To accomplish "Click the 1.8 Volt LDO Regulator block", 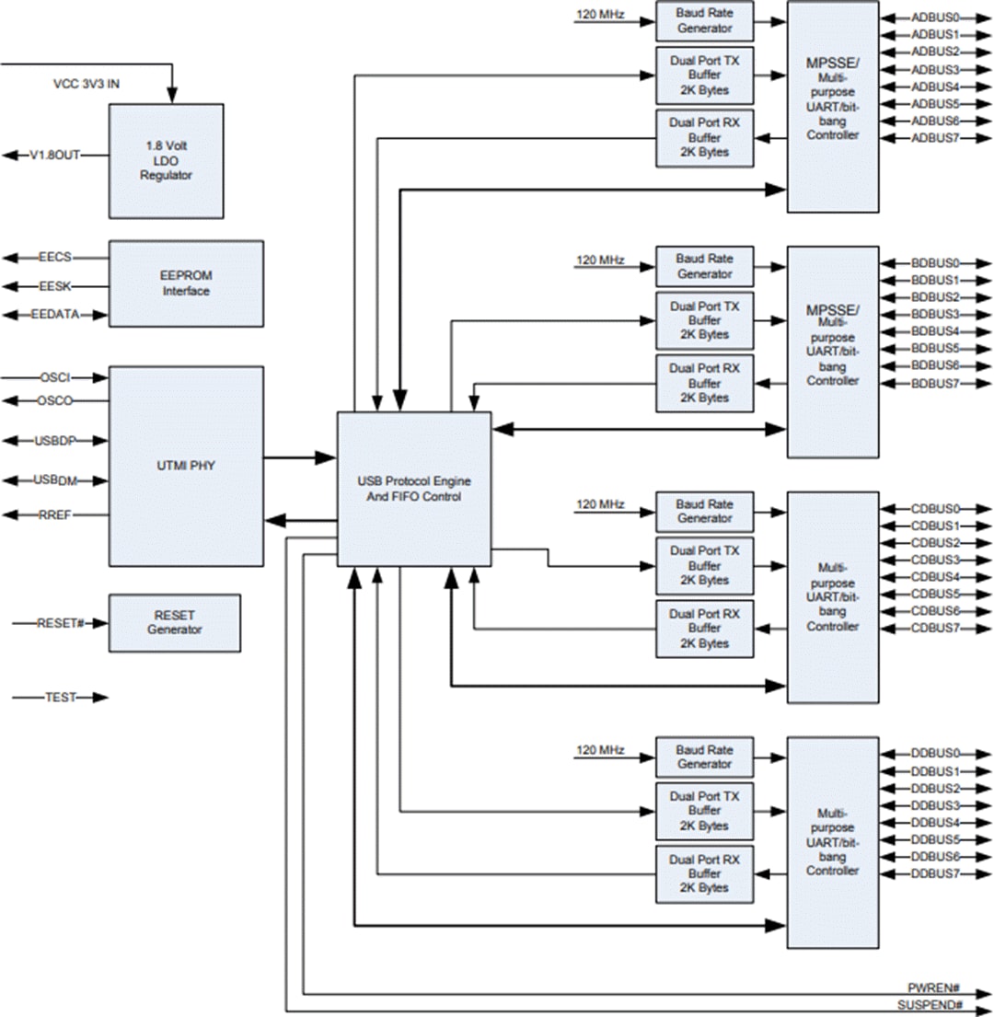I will click(x=166, y=160).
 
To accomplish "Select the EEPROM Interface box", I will click(x=186, y=283).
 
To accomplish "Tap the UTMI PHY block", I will click(x=186, y=466).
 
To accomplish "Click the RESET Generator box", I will click(x=174, y=623).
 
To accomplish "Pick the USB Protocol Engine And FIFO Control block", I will click(x=413, y=489).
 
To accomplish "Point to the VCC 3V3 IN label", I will click(x=87, y=83).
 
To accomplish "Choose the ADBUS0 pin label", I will click(x=935, y=17).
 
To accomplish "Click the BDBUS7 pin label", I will click(x=935, y=383).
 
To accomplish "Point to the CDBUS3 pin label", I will click(x=935, y=560).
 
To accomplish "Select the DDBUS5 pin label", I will click(x=935, y=839).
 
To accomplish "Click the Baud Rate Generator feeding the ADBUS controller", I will click(x=704, y=20).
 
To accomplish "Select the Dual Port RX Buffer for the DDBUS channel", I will click(x=704, y=873).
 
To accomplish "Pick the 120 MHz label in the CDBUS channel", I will click(x=600, y=505).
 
